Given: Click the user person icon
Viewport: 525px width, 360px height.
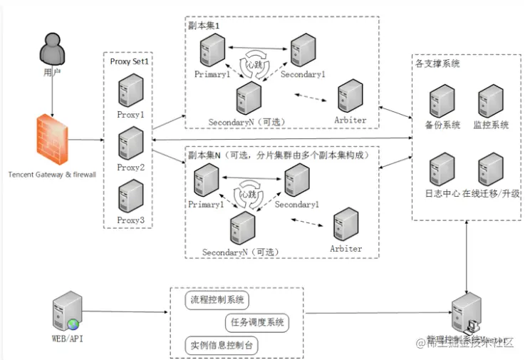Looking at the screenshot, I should coord(48,49).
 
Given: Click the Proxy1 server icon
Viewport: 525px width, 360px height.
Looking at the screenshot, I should coord(130,91).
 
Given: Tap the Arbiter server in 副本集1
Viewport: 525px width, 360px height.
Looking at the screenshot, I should coord(350,96).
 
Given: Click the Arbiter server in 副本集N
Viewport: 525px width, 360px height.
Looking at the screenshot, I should coord(346,225).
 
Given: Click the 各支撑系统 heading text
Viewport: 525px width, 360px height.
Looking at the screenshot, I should coord(437,63).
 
